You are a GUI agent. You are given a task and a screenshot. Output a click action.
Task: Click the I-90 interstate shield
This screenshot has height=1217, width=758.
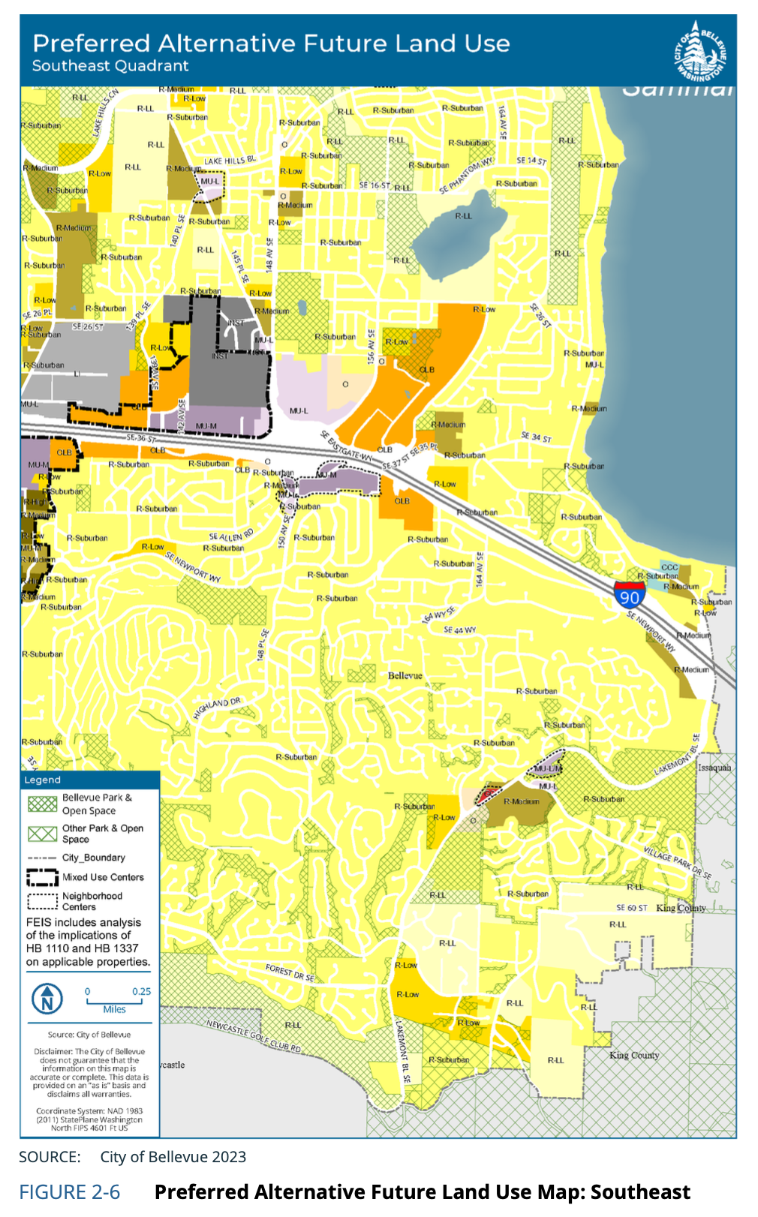[629, 594]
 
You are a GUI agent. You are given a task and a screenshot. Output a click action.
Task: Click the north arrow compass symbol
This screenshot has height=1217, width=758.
[47, 999]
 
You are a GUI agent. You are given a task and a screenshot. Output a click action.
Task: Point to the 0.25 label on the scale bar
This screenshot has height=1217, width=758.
[141, 991]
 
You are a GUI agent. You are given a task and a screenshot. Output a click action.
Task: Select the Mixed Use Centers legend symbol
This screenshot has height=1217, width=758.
[42, 877]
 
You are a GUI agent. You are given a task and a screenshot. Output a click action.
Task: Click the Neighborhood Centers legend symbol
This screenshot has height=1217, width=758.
[42, 901]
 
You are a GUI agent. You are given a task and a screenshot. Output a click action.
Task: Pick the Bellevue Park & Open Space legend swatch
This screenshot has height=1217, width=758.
[42, 804]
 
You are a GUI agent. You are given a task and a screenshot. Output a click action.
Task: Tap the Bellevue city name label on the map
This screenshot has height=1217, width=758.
[405, 675]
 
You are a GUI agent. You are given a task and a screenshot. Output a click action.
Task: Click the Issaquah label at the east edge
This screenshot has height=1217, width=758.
[714, 768]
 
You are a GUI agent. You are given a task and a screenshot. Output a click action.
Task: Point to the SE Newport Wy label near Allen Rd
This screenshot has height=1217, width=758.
[193, 567]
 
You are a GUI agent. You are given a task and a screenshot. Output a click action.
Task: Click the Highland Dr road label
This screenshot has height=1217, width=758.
[217, 708]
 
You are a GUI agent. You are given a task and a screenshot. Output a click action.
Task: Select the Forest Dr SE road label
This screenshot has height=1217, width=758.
[290, 973]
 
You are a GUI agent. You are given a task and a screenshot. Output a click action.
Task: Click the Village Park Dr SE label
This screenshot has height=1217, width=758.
[677, 861]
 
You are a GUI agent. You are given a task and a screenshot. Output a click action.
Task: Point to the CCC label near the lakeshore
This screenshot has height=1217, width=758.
[669, 567]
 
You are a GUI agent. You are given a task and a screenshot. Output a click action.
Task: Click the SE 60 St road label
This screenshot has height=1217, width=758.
[631, 907]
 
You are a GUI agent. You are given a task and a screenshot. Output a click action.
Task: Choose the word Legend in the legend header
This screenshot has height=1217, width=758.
[42, 780]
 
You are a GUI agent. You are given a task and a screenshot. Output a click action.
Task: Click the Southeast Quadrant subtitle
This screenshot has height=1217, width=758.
[110, 66]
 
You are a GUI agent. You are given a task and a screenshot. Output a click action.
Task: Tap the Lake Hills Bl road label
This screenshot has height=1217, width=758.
[230, 161]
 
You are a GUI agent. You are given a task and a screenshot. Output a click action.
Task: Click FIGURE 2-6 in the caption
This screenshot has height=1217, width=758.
[69, 1192]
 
